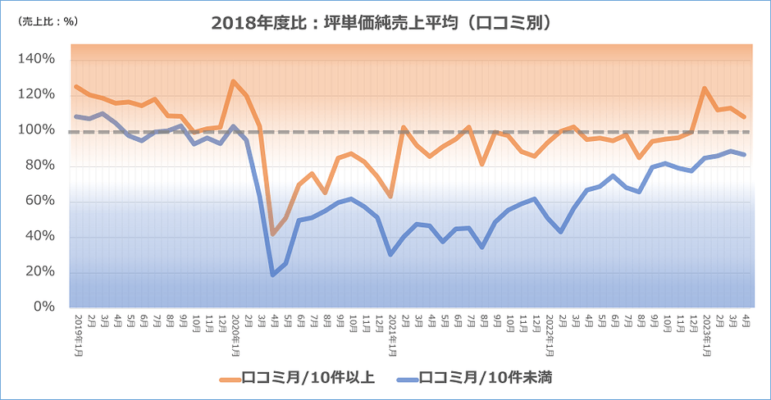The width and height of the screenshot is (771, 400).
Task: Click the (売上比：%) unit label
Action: click(48, 22)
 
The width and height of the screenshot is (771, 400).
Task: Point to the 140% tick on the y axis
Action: click(36, 60)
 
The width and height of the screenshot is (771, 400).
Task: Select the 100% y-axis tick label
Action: click(36, 130)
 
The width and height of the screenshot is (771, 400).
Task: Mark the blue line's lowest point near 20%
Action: click(272, 275)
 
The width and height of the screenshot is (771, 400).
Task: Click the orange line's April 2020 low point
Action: click(272, 234)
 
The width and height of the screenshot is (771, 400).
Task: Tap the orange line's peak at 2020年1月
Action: click(234, 81)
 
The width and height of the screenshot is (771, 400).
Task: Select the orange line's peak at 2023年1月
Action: click(705, 89)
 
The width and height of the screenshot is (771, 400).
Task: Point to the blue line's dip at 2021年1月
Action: click(390, 254)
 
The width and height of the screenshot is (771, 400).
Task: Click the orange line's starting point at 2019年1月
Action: click(76, 87)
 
